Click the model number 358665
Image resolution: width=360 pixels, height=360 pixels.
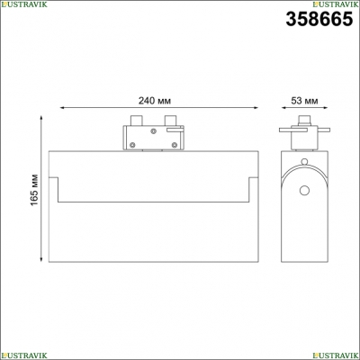319,19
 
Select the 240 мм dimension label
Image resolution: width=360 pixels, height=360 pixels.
155,101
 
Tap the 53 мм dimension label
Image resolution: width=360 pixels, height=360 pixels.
304,101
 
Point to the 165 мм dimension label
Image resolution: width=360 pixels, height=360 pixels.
35,190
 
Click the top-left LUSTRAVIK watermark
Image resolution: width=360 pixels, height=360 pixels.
23,4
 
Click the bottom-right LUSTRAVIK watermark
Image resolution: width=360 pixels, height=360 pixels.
336,355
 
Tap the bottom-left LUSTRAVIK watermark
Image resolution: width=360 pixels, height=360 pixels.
23,355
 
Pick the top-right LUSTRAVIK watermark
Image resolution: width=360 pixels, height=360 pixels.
336,4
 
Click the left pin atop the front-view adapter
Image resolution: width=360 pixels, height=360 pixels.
137,120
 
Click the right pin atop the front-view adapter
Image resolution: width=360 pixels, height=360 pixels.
170,120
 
